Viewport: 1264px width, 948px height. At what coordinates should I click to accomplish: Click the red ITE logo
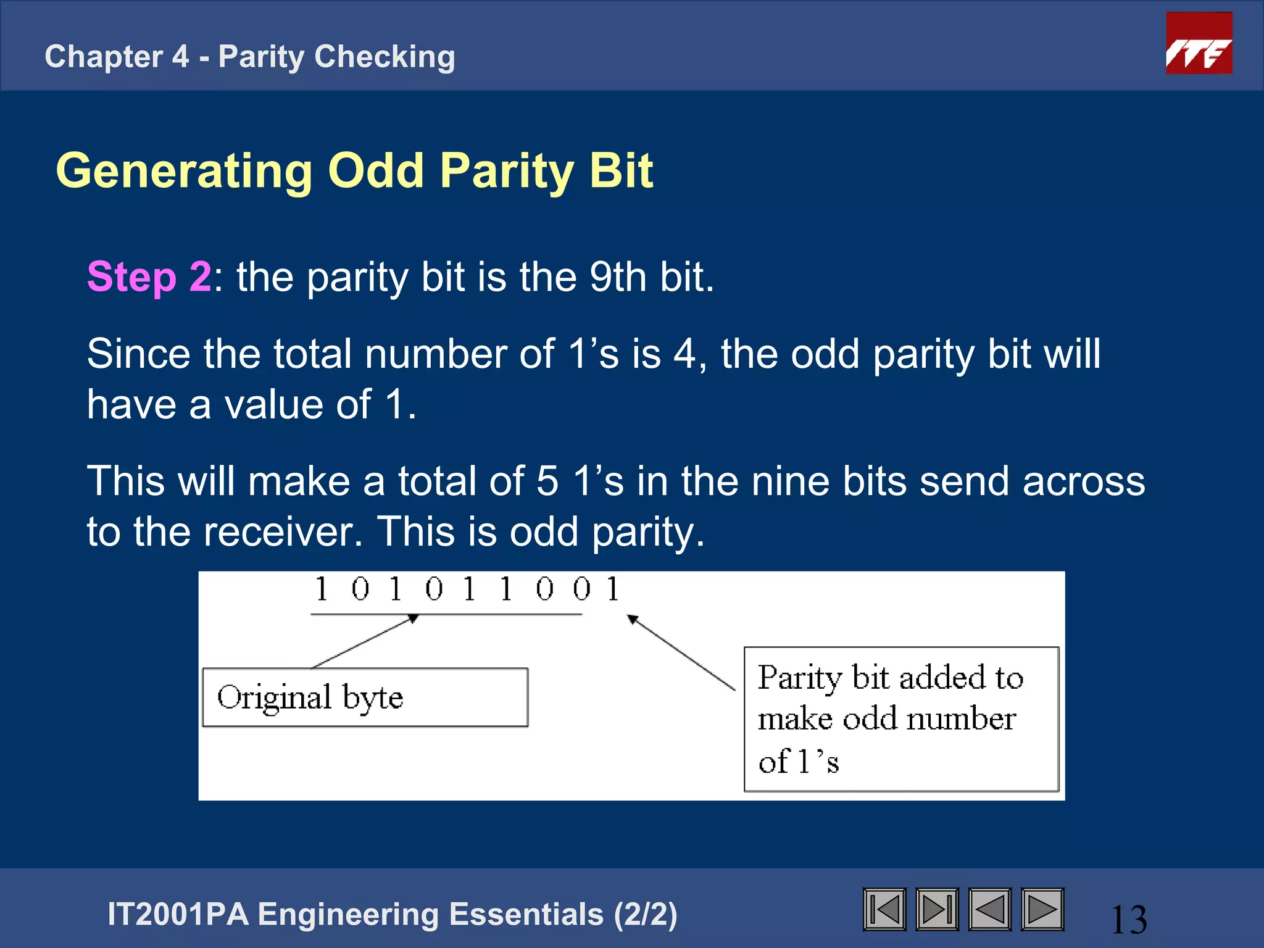click(1199, 43)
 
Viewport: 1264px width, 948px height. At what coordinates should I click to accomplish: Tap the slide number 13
click(1129, 920)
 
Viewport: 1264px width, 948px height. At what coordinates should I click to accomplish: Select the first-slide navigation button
click(884, 909)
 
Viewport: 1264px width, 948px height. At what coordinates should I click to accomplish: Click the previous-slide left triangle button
click(990, 909)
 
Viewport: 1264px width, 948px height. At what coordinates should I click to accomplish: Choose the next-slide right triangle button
click(1042, 909)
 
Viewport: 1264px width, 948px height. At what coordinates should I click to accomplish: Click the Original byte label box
click(365, 697)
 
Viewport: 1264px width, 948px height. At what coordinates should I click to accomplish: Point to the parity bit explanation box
click(901, 719)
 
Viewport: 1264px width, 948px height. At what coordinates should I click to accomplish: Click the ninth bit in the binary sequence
click(613, 589)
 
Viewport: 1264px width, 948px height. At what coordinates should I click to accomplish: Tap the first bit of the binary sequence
click(321, 589)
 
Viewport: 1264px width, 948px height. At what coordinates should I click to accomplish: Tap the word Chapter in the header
click(103, 57)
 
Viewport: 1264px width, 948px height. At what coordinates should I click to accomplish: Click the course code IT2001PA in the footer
click(178, 914)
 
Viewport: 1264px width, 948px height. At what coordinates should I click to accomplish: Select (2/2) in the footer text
click(646, 914)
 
